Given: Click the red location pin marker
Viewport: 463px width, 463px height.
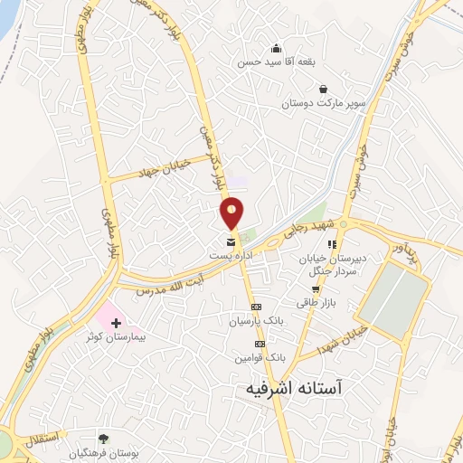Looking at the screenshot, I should click(232, 212).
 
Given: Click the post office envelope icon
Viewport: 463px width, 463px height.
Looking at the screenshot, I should click(231, 242).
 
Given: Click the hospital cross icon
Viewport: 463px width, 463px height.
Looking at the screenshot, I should click(116, 322).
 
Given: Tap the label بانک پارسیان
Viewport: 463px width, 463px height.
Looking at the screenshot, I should click(257, 320).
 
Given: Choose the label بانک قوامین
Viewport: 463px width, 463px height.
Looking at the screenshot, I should click(256, 357).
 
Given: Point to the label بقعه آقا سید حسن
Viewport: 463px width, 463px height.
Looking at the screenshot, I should click(275, 63).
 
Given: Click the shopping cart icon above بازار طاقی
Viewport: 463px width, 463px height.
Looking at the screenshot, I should click(316, 289).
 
